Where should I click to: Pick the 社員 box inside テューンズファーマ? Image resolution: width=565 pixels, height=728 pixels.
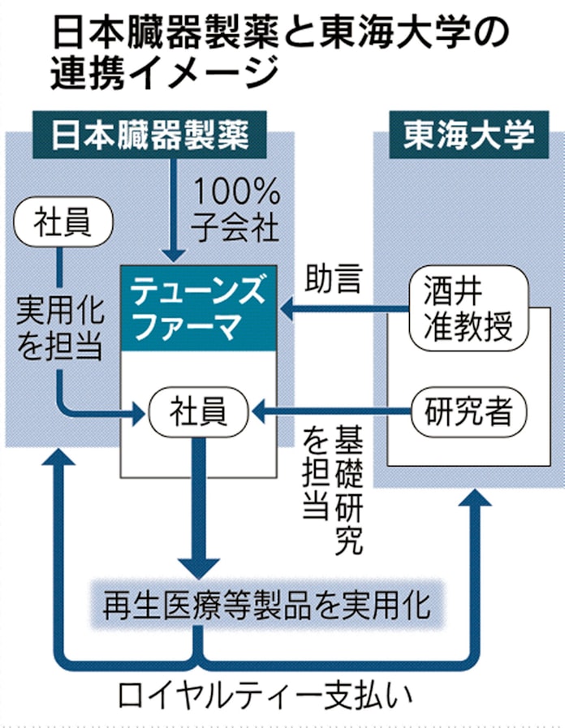(198, 411)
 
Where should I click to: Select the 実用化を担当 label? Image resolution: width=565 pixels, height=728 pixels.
(59, 325)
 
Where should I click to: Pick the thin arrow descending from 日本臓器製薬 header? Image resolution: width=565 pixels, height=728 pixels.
(171, 207)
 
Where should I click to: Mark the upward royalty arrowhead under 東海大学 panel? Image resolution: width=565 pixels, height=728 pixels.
(469, 507)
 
